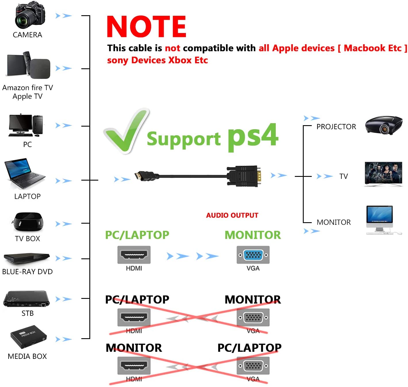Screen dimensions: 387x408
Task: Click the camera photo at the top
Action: tap(30, 16)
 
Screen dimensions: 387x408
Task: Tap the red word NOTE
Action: tap(146, 26)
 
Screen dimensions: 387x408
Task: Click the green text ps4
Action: tap(253, 136)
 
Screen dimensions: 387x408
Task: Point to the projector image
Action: tap(384, 125)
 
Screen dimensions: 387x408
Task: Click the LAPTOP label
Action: tap(28, 196)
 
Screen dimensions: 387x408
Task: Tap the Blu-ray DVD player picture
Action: tap(26, 258)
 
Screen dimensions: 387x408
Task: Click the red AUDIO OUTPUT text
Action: tap(232, 215)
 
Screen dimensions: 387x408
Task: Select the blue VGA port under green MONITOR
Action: tap(253, 255)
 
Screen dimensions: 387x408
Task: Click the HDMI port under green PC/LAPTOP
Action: tap(134, 255)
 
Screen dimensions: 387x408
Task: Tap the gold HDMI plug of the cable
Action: tap(139, 176)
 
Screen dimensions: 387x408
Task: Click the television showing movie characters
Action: tap(383, 173)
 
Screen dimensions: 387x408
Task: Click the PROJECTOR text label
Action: tap(336, 127)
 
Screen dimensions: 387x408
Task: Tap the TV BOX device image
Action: tap(28, 222)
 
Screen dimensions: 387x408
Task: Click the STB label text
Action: tap(28, 313)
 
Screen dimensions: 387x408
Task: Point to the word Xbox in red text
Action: tap(180, 60)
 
